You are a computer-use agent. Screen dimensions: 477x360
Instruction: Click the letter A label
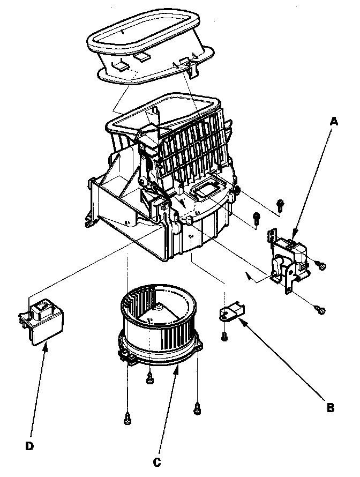click(333, 122)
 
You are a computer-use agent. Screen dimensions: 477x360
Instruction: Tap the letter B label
click(330, 407)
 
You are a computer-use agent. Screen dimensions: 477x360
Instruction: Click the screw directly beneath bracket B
click(225, 336)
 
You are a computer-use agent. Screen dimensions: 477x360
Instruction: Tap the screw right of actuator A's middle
click(321, 264)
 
